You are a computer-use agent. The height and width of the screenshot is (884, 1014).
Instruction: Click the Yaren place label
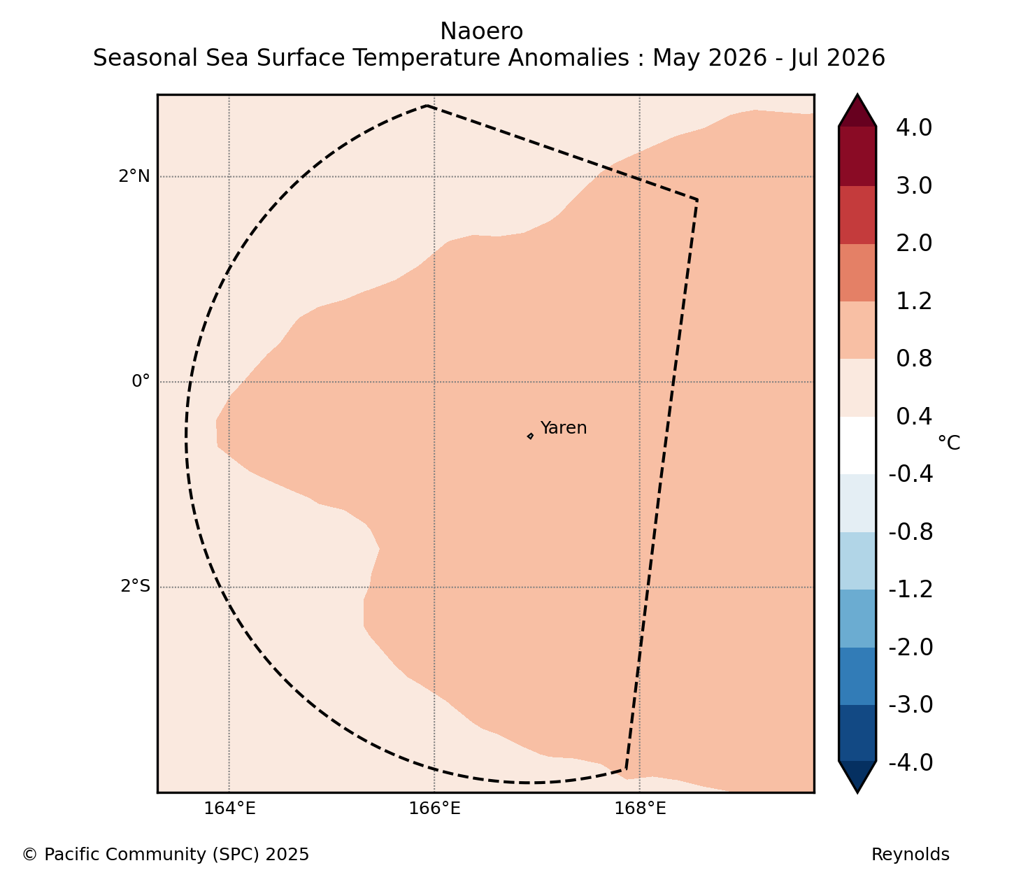pos(563,427)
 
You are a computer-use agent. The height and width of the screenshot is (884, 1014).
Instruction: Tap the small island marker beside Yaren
pos(530,436)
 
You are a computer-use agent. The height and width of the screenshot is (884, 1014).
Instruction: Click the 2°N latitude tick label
pos(134,176)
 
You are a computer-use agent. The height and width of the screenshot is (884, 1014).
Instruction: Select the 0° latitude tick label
pos(141,381)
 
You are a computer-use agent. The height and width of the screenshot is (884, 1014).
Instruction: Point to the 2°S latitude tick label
pos(135,586)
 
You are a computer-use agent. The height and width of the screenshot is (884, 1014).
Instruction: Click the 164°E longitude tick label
pos(229,808)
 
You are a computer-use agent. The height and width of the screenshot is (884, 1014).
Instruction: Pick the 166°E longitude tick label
pos(434,808)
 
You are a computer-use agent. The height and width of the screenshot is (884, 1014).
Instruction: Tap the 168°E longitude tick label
pos(640,808)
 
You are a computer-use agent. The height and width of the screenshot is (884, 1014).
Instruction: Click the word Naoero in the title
pos(481,31)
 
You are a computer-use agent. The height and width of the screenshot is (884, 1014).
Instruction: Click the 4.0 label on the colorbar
pos(914,128)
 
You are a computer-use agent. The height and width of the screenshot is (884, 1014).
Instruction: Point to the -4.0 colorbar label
pos(911,762)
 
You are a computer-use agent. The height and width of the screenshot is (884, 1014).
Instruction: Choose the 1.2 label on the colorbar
pos(914,301)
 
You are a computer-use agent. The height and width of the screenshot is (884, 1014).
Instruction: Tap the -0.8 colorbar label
pos(911,532)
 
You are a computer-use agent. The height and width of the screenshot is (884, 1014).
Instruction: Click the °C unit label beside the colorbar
pos(948,443)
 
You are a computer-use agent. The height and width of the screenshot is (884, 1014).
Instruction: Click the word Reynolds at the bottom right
pos(910,855)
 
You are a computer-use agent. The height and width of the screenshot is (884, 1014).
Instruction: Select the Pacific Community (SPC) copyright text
pos(166,855)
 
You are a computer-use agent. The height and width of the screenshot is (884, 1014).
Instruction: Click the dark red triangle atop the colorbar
pos(857,111)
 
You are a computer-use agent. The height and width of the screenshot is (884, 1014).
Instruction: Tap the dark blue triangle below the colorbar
pos(857,777)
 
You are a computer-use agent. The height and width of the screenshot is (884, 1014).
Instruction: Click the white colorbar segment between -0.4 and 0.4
pos(857,445)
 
